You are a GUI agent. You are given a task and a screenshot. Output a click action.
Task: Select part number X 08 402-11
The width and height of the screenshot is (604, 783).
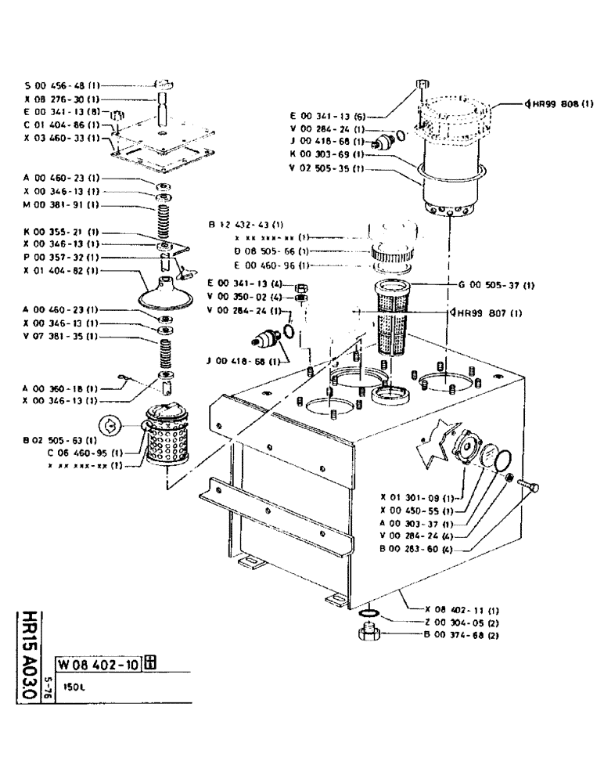(x=462, y=609)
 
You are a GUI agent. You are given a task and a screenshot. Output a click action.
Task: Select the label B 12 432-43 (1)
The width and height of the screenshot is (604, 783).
(x=246, y=225)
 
